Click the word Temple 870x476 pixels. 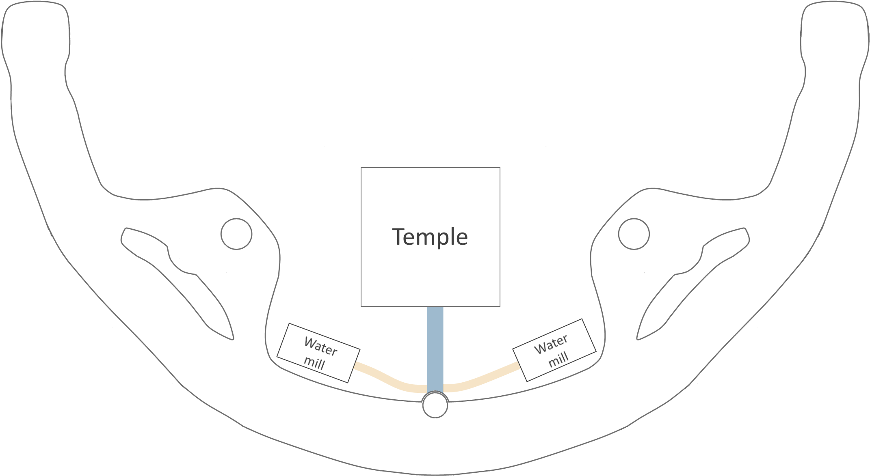pyautogui.click(x=430, y=237)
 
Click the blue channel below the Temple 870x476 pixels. pyautogui.click(x=435, y=349)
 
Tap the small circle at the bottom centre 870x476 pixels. pyautogui.click(x=435, y=405)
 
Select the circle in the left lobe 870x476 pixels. pyautogui.click(x=236, y=234)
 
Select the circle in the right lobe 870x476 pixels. pyautogui.click(x=634, y=234)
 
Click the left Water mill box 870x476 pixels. pyautogui.click(x=318, y=353)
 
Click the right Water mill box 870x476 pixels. pyautogui.click(x=554, y=350)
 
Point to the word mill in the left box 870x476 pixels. pyautogui.click(x=314, y=362)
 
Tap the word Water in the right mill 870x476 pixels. pyautogui.click(x=551, y=345)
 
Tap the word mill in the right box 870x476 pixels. pyautogui.click(x=558, y=359)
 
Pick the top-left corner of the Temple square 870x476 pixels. pyautogui.click(x=361, y=168)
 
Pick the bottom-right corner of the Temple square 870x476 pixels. pyautogui.click(x=500, y=306)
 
